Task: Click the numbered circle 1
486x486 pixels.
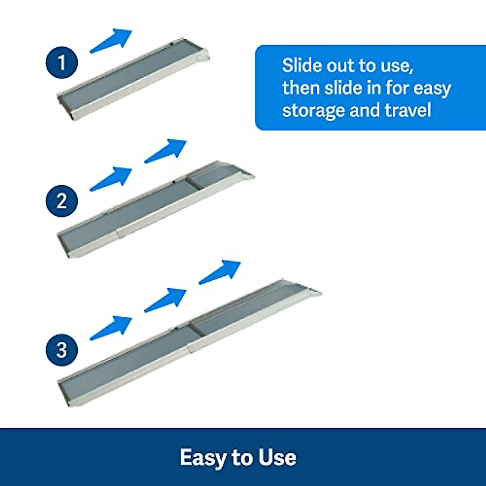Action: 62,63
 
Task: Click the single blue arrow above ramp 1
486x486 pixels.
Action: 111,40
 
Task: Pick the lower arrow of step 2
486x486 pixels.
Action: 111,179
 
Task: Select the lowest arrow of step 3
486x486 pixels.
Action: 111,328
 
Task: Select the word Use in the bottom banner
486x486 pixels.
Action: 277,458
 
